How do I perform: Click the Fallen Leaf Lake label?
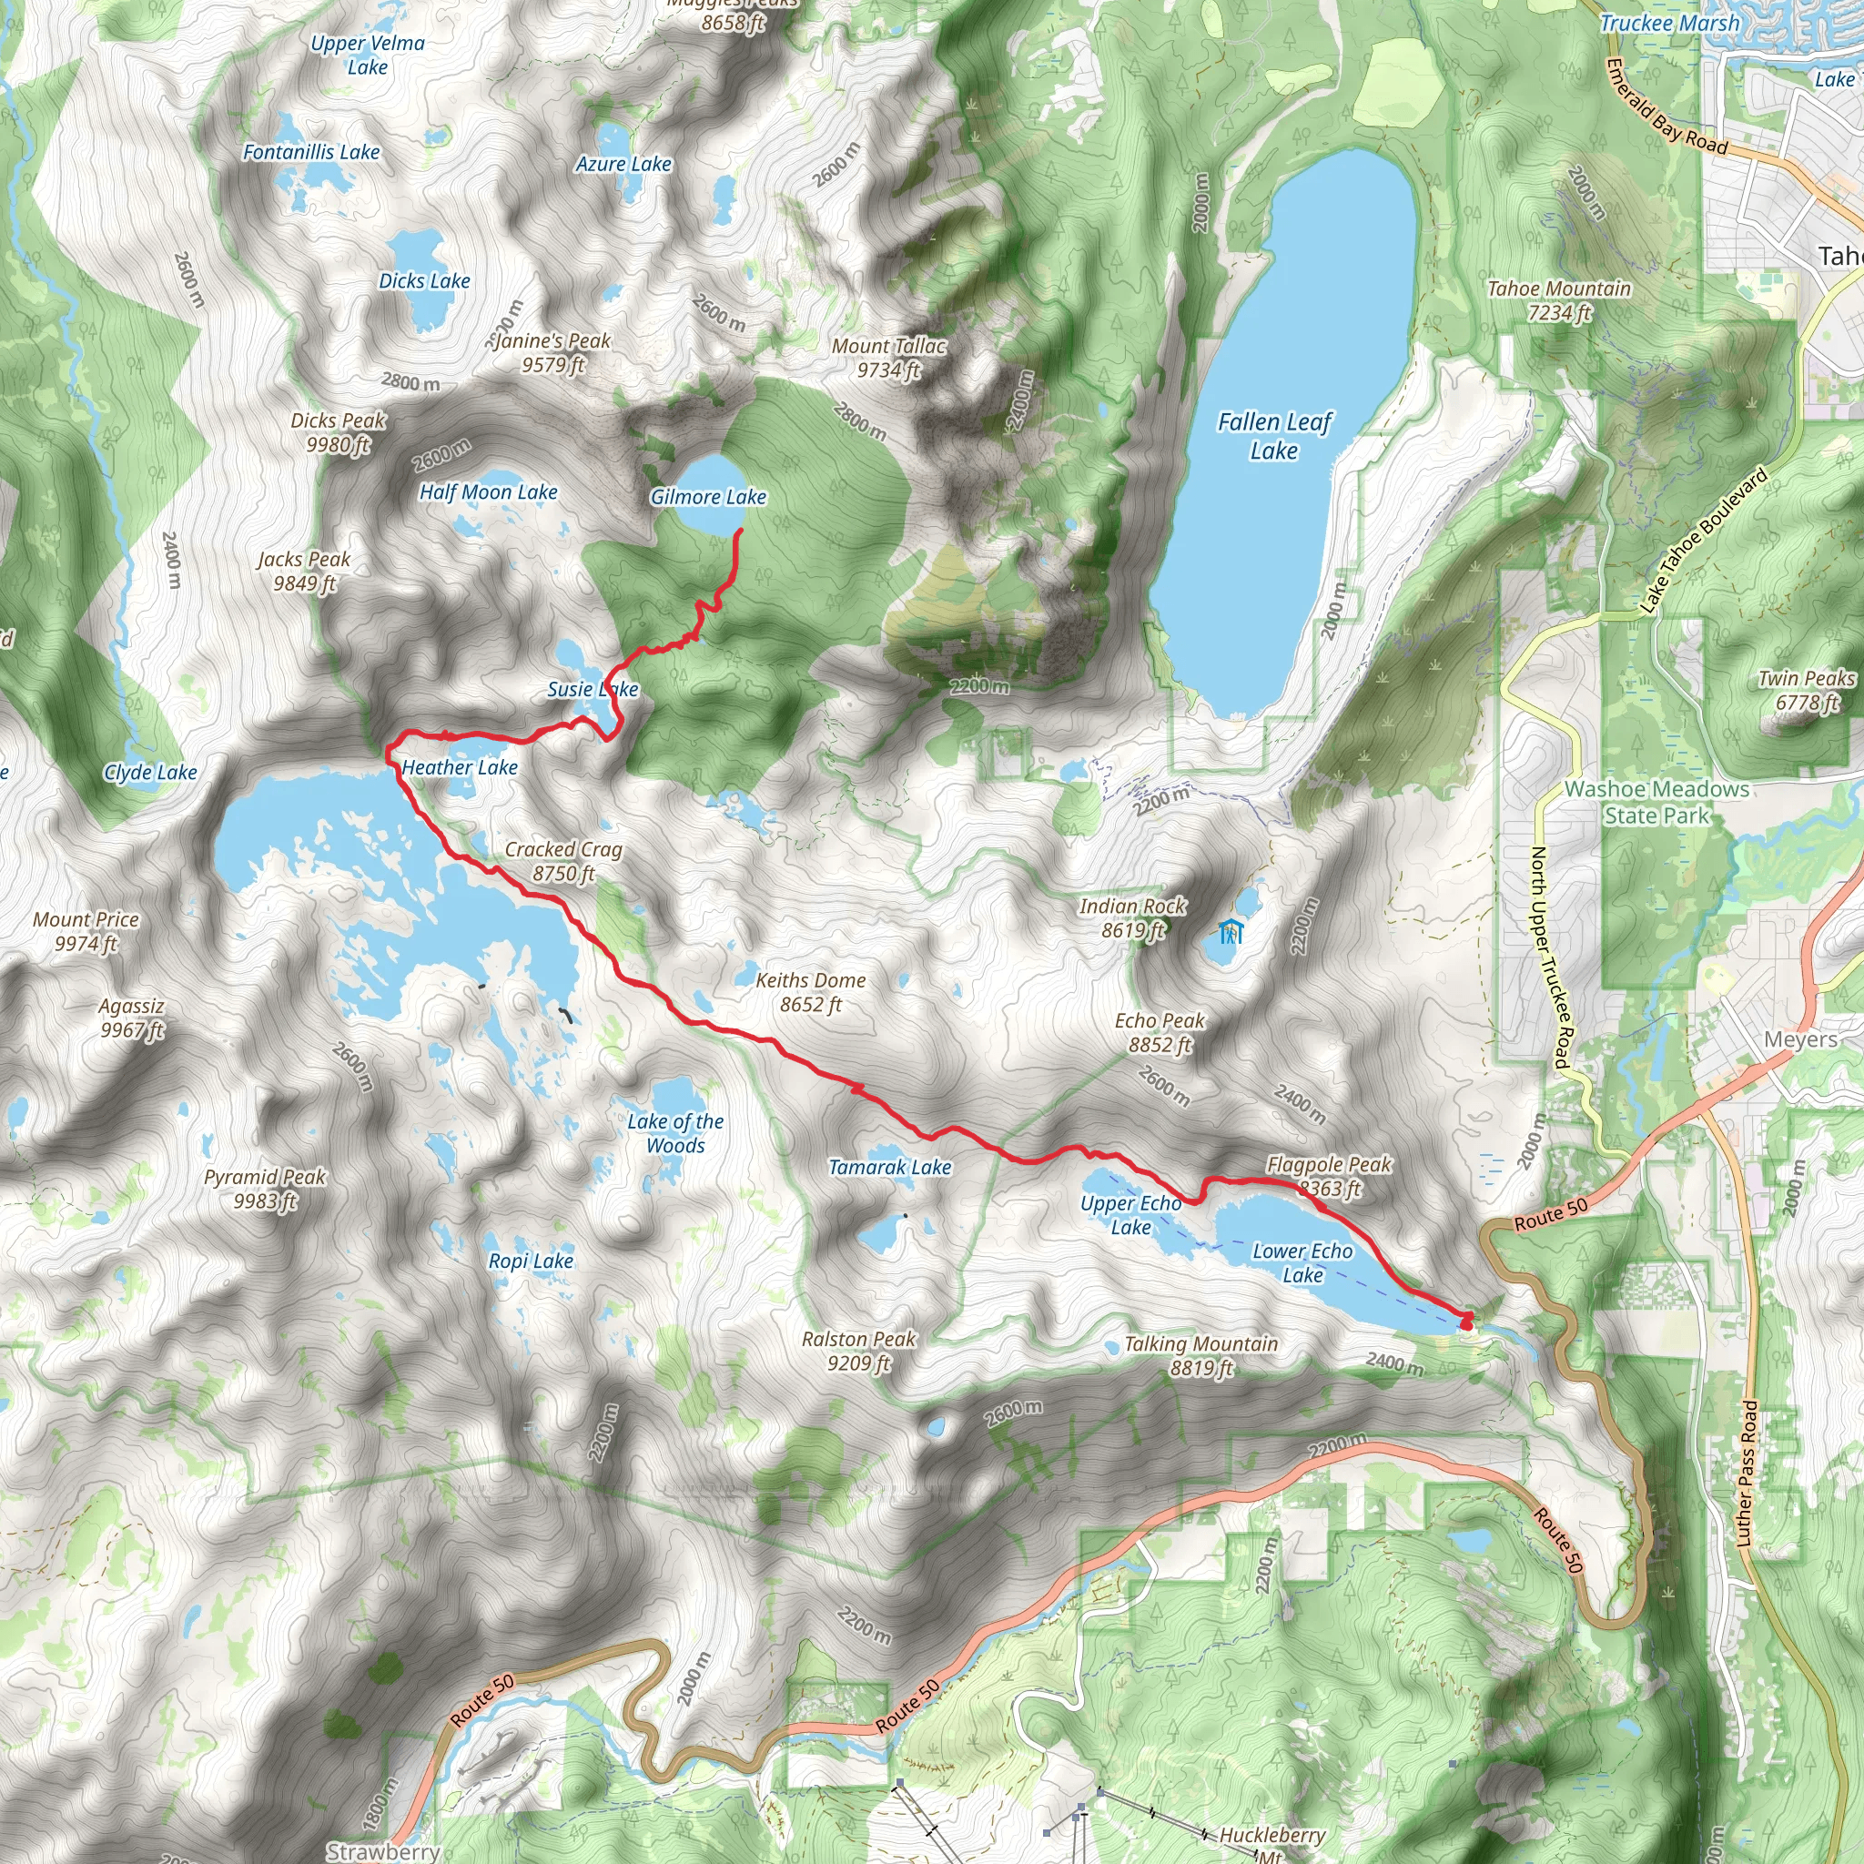coord(1273,436)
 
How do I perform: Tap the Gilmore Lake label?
coord(708,497)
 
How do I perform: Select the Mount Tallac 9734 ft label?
coord(888,358)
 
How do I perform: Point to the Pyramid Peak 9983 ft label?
coord(266,1189)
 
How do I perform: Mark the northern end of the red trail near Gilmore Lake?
coord(740,532)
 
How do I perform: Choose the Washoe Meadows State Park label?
coord(1656,802)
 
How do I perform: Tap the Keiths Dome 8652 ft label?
coord(810,992)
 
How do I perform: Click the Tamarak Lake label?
coord(889,1168)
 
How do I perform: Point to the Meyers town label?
coord(1800,1039)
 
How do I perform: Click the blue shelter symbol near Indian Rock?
coord(1231,932)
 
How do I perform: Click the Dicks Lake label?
coord(424,280)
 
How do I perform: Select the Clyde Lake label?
coord(150,772)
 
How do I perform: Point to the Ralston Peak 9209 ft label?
coord(858,1351)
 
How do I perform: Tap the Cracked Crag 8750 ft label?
coord(563,861)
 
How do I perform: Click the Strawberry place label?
coord(383,1851)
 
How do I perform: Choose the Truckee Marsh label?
coord(1670,23)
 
